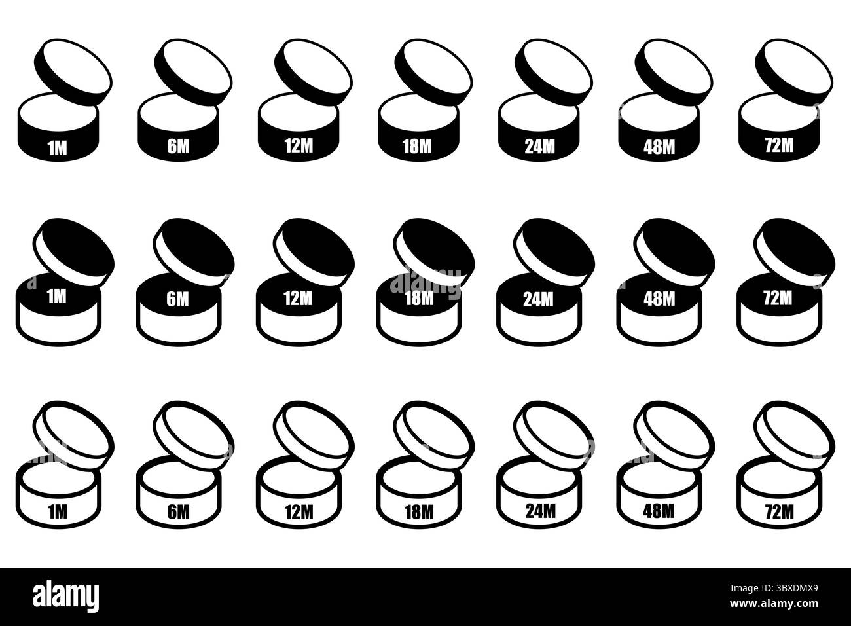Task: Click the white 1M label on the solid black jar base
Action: point(58,148)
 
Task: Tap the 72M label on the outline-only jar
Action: point(780,512)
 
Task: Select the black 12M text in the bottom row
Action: point(299,512)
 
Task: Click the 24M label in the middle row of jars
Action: point(538,299)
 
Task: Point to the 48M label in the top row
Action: point(659,147)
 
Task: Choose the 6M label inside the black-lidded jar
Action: point(177,299)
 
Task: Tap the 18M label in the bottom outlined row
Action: point(419,512)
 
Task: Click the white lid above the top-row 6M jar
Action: point(193,71)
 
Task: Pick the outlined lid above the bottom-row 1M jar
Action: point(73,435)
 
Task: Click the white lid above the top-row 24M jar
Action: point(554,71)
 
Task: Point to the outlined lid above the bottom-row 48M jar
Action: point(674,435)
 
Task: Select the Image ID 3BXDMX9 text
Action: point(774,589)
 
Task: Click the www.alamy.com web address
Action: point(774,604)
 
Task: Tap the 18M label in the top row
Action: point(417,146)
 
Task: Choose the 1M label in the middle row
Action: point(57,297)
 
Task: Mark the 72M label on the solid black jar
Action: point(780,145)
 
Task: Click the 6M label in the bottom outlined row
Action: point(178,512)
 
